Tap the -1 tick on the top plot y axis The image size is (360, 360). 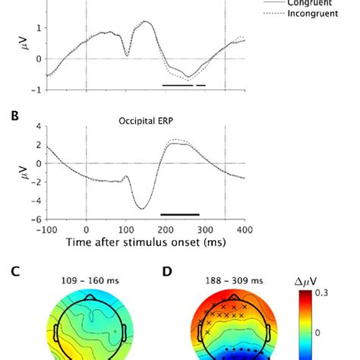pyautogui.click(x=36, y=90)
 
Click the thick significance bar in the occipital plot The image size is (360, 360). pyautogui.click(x=179, y=215)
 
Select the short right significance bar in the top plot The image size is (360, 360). pyautogui.click(x=201, y=85)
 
